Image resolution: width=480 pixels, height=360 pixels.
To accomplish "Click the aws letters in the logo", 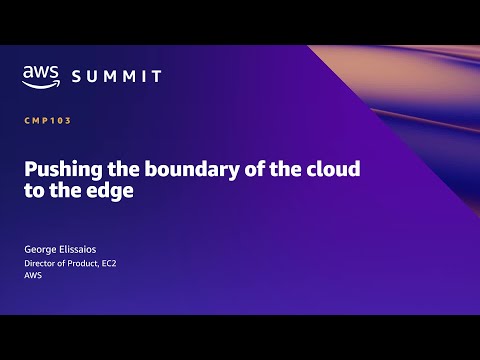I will pyautogui.click(x=40, y=71).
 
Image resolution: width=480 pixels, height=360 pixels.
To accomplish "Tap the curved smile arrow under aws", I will pyautogui.click(x=40, y=83).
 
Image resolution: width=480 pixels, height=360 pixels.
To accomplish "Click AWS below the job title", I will pyautogui.click(x=34, y=277).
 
